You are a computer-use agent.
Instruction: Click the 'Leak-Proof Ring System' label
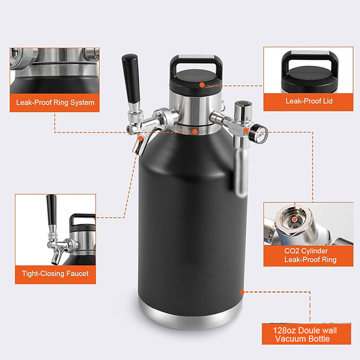[x=55, y=103]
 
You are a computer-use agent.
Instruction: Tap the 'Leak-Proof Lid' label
[x=309, y=101]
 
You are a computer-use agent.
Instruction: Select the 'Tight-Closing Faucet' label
[x=55, y=274]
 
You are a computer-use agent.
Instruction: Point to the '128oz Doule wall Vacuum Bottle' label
[x=305, y=334]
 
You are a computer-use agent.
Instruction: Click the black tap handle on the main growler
[x=131, y=78]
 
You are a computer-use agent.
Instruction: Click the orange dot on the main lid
[x=202, y=85]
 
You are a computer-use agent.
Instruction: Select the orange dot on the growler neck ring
[x=195, y=131]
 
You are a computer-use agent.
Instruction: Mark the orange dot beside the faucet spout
[x=140, y=138]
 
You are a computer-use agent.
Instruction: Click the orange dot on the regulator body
[x=246, y=130]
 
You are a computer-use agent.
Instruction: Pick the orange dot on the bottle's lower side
[x=242, y=292]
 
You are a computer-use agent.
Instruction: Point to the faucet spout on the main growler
[x=139, y=144]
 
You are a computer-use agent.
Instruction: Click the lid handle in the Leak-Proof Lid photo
[x=310, y=60]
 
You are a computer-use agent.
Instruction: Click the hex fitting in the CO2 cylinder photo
[x=294, y=220]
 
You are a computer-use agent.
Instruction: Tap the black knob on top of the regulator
[x=243, y=103]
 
